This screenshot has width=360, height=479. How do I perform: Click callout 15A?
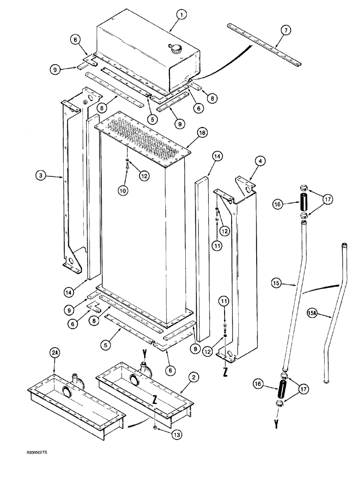325,315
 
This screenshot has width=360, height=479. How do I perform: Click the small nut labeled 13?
157,426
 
